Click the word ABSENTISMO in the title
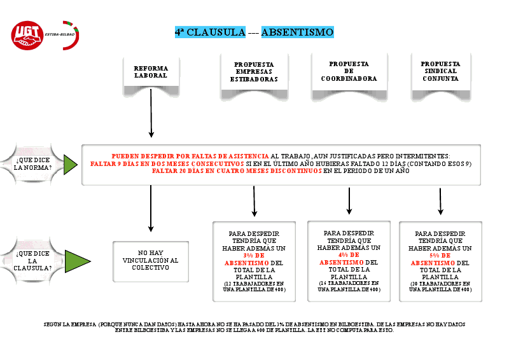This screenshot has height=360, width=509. [x=297, y=32]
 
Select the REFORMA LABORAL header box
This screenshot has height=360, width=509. [x=151, y=71]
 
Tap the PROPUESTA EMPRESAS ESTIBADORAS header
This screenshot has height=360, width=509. [x=254, y=72]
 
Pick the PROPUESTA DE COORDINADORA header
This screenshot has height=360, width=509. [x=349, y=71]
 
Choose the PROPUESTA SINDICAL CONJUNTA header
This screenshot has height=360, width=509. [x=440, y=72]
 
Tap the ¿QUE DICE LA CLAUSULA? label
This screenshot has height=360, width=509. [x=34, y=260]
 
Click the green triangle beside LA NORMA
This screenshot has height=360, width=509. [x=71, y=164]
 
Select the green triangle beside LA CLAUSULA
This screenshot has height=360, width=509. [x=76, y=261]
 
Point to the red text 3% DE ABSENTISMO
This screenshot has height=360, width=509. [x=246, y=259]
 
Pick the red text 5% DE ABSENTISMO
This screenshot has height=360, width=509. [x=432, y=259]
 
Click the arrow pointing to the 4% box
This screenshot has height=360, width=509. [x=349, y=201]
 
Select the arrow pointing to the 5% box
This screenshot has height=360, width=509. [x=440, y=202]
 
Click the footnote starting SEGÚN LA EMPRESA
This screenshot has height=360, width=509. [x=254, y=328]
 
